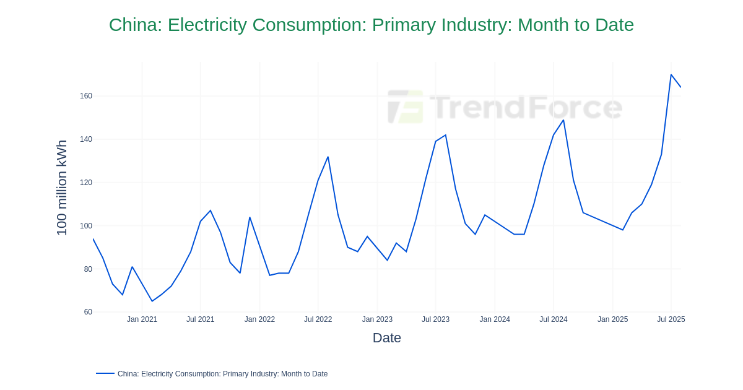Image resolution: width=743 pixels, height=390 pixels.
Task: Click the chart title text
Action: click(371, 25)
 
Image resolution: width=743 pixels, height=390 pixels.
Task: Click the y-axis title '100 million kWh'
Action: click(62, 188)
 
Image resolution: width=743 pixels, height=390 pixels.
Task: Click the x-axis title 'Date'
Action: click(386, 338)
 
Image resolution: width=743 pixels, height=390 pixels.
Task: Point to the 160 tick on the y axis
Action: click(85, 96)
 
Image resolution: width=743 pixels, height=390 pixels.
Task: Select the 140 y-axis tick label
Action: click(85, 139)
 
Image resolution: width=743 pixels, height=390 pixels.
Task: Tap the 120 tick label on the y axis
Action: click(85, 183)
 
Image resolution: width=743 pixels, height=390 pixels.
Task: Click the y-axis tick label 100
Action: click(85, 226)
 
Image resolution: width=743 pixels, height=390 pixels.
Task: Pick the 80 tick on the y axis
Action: click(87, 269)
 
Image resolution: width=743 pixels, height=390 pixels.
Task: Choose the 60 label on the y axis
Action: click(87, 312)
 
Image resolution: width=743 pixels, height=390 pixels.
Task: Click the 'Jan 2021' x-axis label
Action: click(142, 319)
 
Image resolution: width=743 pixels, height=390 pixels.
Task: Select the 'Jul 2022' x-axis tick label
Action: click(318, 319)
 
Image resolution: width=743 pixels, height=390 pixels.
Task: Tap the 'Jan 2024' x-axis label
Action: click(495, 319)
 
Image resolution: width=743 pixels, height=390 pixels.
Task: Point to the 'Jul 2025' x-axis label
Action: click(671, 319)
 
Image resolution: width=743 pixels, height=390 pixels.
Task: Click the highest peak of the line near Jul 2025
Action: click(671, 75)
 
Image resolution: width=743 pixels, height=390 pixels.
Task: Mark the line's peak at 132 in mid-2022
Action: click(328, 157)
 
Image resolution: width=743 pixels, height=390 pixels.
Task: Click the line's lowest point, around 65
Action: click(152, 301)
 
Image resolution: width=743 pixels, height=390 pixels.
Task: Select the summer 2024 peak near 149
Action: click(563, 120)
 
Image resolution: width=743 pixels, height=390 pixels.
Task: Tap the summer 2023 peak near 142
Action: click(445, 135)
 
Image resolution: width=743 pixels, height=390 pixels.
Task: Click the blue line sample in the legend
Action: click(105, 373)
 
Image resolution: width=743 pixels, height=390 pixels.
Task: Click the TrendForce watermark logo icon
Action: click(406, 106)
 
